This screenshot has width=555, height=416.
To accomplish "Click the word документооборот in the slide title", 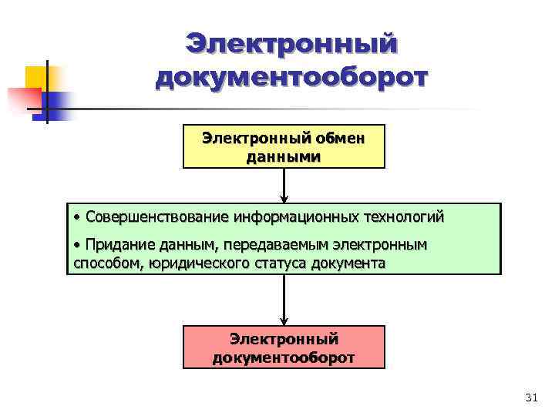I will coord(291,78).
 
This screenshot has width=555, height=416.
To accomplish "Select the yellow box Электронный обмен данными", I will coord(284,146).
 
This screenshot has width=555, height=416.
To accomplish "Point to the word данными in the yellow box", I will coord(284,157).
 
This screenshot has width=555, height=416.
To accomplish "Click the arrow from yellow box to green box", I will coord(284,186).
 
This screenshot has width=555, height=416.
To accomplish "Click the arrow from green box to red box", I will coord(284,300).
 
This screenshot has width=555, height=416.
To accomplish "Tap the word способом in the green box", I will coord(103,263).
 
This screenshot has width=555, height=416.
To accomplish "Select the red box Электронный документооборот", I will coord(284,347).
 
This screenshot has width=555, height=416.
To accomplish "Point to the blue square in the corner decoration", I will coord(61,103).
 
